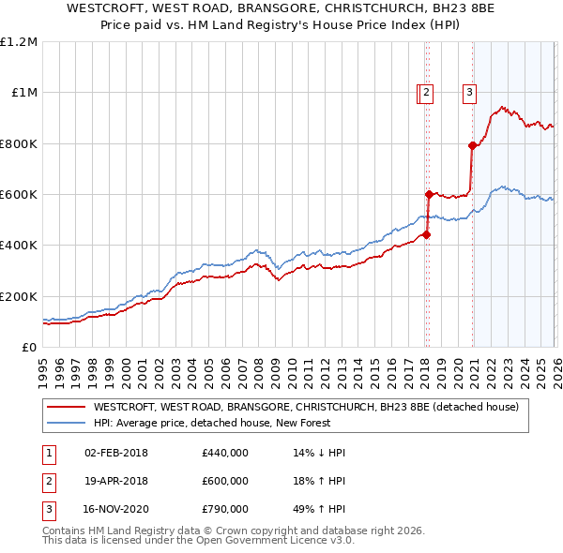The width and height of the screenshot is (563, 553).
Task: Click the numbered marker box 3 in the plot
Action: click(468, 92)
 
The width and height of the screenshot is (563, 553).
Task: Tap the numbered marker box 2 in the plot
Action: click(426, 92)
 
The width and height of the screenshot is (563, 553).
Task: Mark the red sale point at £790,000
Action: click(472, 145)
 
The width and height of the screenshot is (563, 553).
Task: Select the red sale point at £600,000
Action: click(429, 194)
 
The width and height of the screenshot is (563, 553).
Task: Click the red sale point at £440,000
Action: click(426, 235)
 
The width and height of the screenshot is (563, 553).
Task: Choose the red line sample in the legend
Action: click(66, 407)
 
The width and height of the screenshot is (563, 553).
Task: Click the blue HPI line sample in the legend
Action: click(66, 423)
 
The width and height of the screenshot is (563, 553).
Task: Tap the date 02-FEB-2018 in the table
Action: click(116, 453)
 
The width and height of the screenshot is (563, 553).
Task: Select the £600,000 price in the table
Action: click(224, 481)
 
